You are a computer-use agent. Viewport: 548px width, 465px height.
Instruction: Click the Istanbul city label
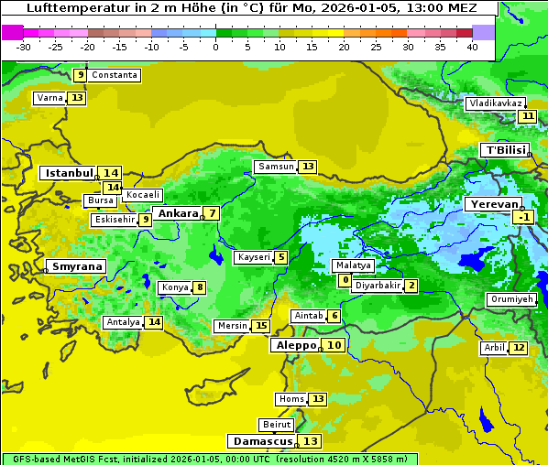(69, 172)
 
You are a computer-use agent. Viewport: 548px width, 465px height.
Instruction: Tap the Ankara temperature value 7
(212, 213)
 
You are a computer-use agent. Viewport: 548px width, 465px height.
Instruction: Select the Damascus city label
(262, 441)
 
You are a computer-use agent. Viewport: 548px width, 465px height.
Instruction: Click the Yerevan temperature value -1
(523, 217)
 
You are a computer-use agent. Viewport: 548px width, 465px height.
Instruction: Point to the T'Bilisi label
(505, 150)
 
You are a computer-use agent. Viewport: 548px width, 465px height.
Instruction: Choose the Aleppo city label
(294, 345)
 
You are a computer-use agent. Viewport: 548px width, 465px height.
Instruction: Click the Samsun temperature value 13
(307, 167)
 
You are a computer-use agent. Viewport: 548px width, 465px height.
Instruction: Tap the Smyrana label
(76, 266)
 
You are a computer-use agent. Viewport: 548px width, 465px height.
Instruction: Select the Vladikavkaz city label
(494, 103)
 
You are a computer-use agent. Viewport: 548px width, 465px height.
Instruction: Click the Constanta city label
(115, 75)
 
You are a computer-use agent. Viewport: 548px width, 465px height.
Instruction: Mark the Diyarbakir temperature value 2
(411, 286)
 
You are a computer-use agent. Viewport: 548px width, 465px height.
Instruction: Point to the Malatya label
(353, 265)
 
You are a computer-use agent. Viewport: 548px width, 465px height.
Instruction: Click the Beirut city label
(276, 425)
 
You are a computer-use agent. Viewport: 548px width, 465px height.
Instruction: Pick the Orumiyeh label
(510, 299)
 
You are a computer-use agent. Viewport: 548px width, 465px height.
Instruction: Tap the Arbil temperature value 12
(519, 348)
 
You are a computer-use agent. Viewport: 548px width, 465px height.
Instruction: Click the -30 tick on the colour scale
(24, 46)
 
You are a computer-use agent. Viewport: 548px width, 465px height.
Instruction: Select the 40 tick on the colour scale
(472, 46)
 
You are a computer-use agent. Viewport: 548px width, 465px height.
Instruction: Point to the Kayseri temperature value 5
(280, 257)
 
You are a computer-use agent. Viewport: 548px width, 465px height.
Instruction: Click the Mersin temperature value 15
(261, 326)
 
